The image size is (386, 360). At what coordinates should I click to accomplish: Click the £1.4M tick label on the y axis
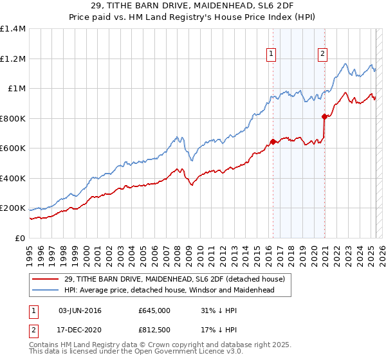coord(12,29)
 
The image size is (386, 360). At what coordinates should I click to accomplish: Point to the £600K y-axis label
coord(12,148)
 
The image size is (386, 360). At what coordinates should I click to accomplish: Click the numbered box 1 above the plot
coord(272,54)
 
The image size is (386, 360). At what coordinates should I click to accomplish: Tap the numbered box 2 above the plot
coord(322,54)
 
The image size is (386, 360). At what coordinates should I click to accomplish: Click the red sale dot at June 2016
coord(273,141)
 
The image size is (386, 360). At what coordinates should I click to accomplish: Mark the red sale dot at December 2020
coord(324,116)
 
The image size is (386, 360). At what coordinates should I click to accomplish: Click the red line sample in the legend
coord(45,279)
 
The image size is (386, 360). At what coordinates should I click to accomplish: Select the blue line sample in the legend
coord(45,290)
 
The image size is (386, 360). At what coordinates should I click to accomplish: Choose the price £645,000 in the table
coord(154,310)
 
